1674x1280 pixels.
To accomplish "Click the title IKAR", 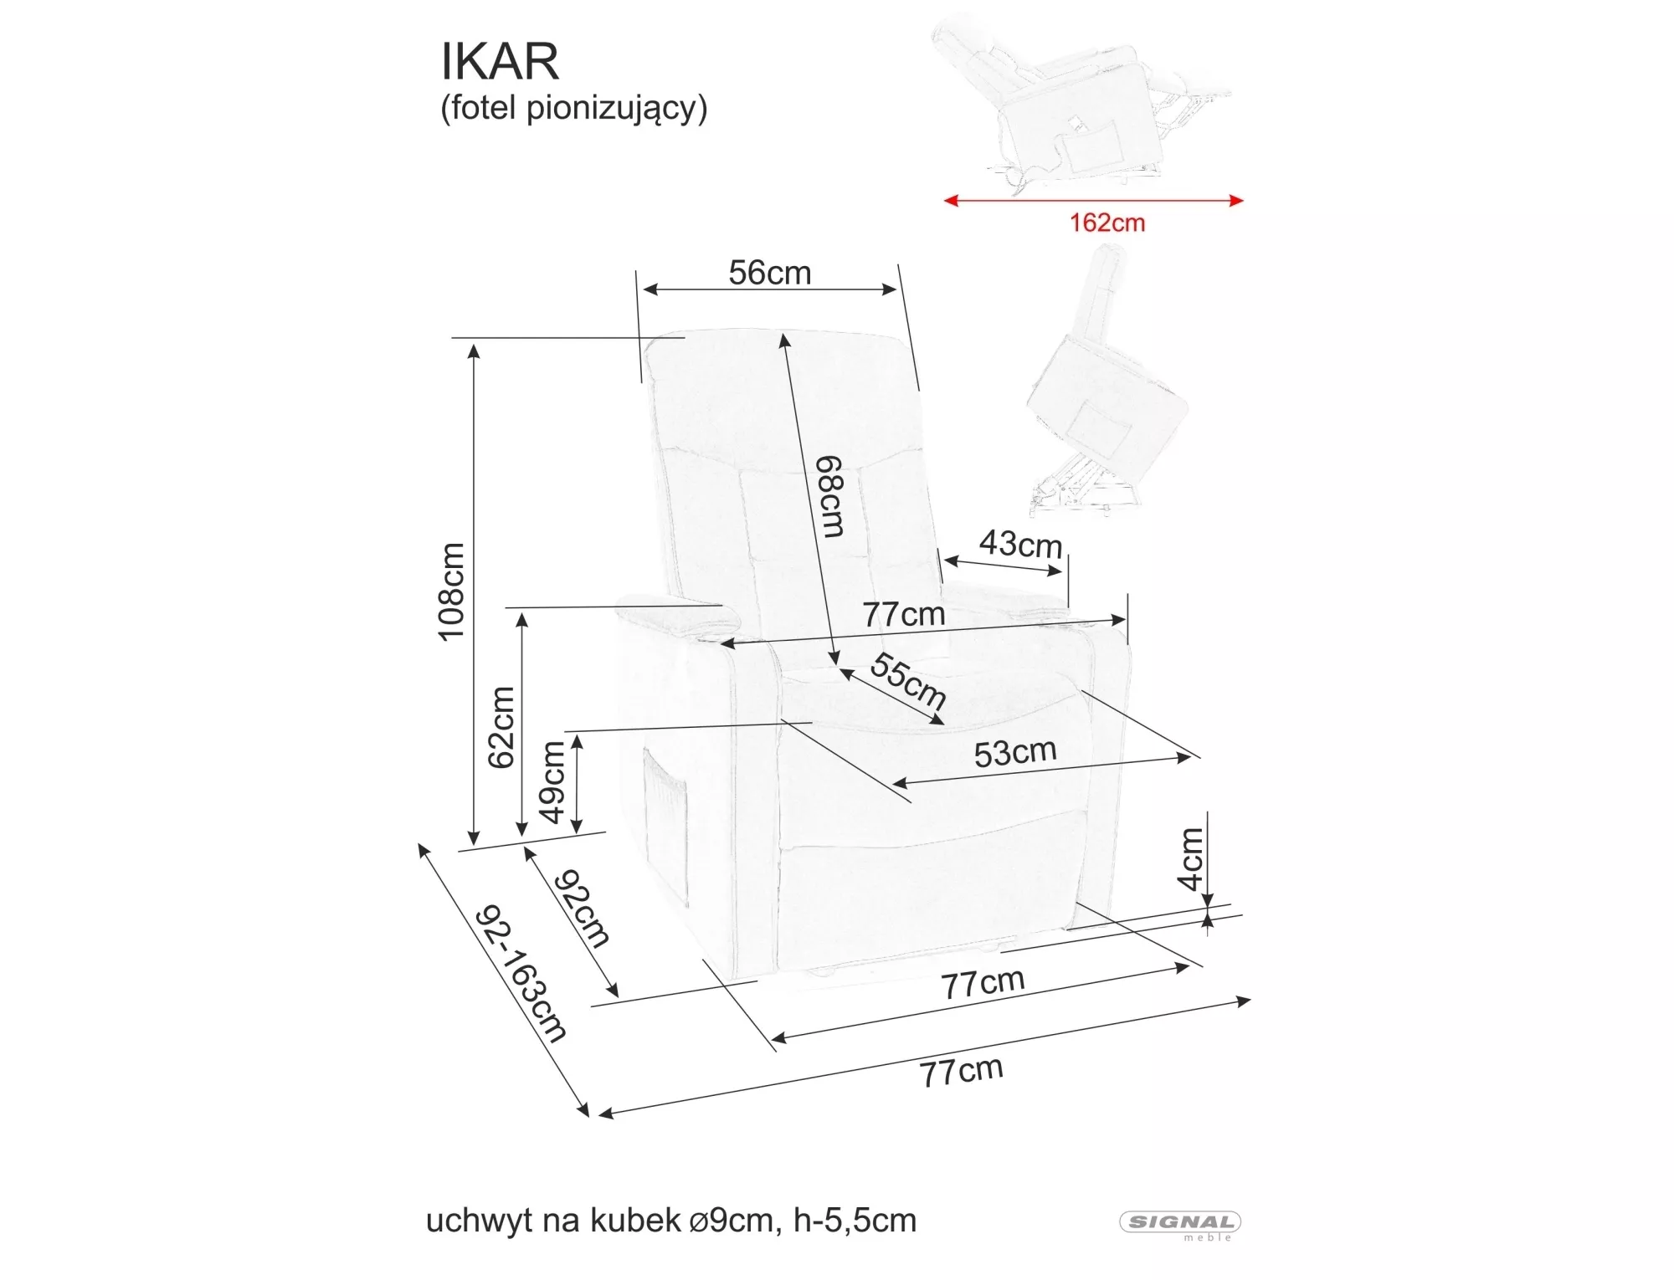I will (500, 61).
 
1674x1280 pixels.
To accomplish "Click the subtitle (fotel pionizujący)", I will (573, 109).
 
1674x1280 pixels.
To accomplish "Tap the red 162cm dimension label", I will (1107, 223).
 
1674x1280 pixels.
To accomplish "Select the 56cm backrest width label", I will (769, 273).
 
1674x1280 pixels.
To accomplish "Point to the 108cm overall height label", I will (452, 591).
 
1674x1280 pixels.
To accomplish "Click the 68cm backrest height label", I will (830, 495).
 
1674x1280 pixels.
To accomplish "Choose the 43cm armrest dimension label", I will (1020, 545).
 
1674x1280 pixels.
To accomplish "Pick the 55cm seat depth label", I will (908, 680).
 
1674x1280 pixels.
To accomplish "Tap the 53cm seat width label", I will (1014, 753).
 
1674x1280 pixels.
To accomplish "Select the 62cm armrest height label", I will (501, 727).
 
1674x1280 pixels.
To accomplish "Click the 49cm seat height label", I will (552, 783).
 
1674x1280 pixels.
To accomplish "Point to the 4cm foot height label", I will (1190, 859).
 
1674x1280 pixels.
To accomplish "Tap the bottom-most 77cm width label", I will (961, 1072).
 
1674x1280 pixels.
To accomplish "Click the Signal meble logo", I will (1180, 1223).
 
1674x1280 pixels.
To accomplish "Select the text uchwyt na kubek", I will (553, 1221).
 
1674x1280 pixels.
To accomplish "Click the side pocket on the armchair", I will (665, 828).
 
